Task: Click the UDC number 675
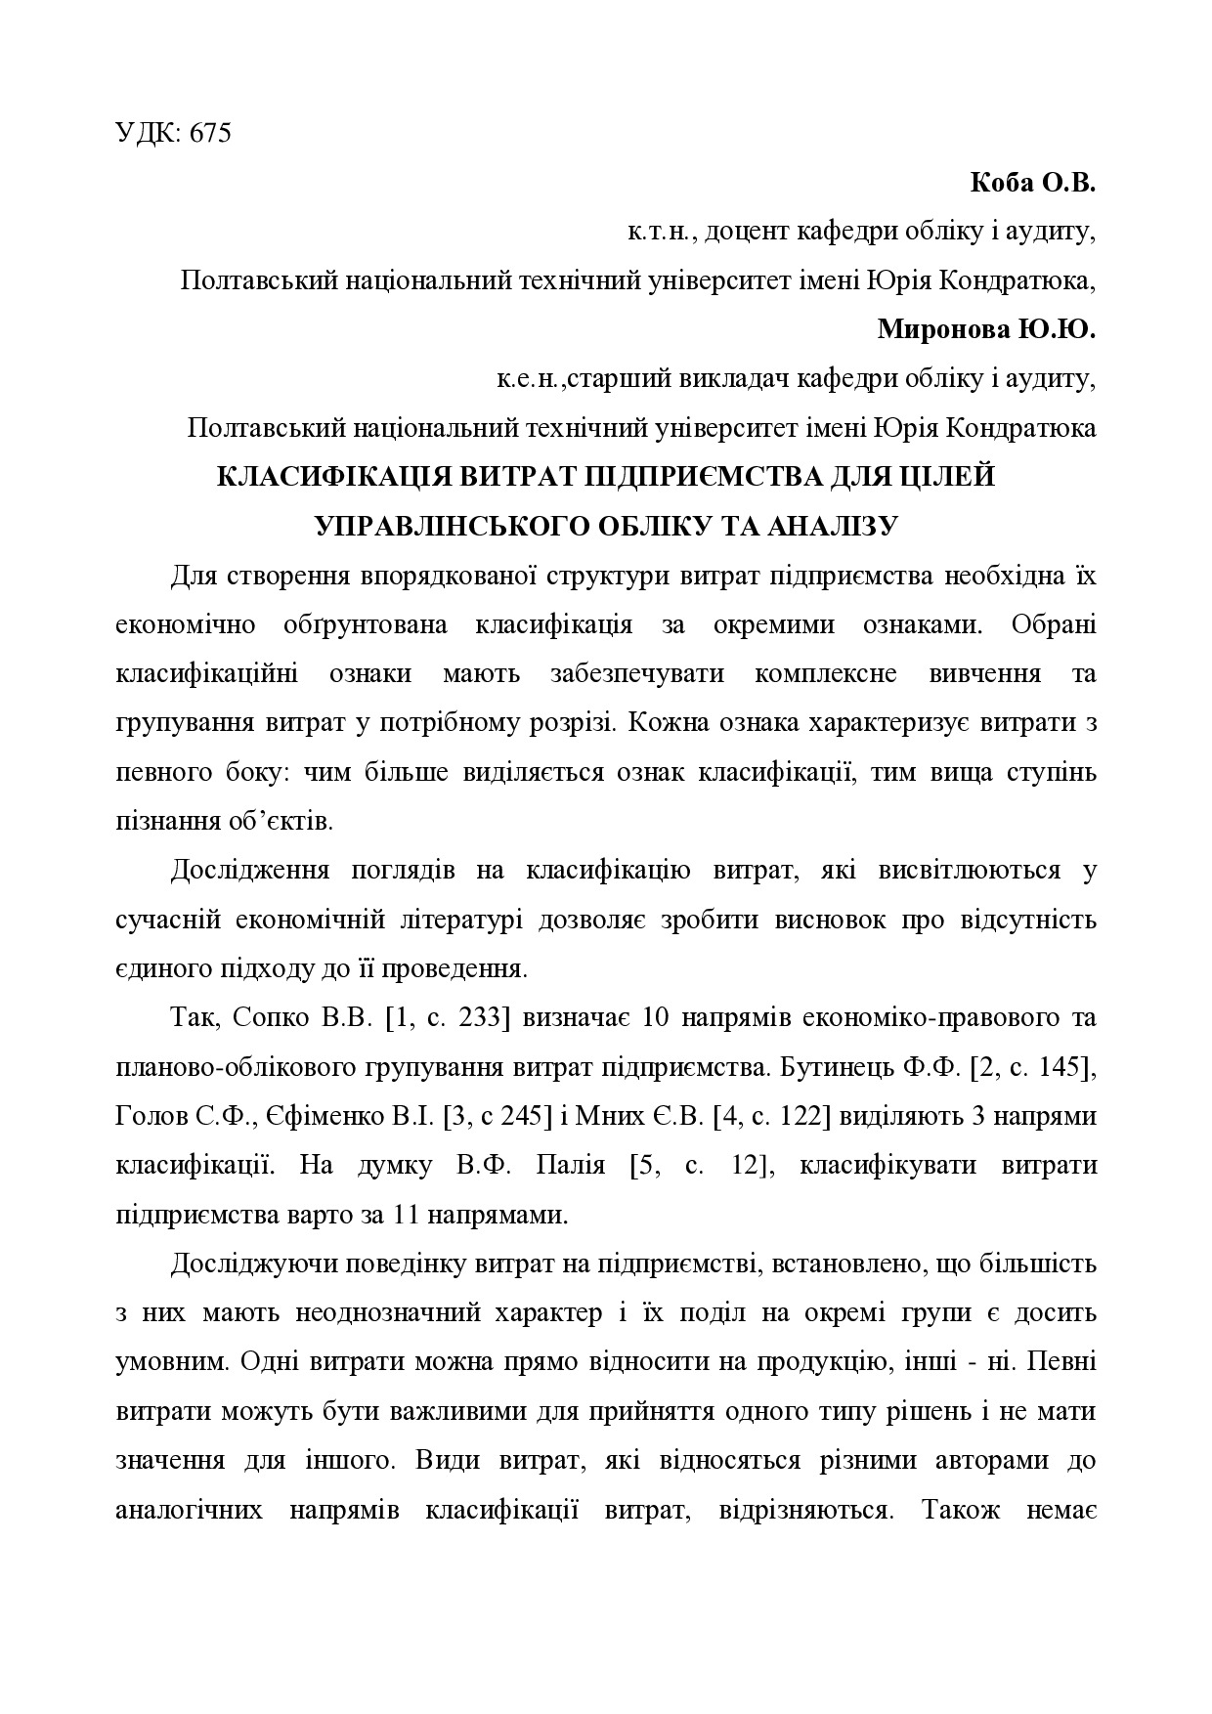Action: click(x=211, y=134)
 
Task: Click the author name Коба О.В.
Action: click(x=1033, y=183)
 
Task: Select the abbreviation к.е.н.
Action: click(x=529, y=379)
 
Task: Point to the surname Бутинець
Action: click(x=834, y=1067)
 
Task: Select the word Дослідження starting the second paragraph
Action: click(x=250, y=871)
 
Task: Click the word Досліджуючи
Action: click(x=253, y=1264)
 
